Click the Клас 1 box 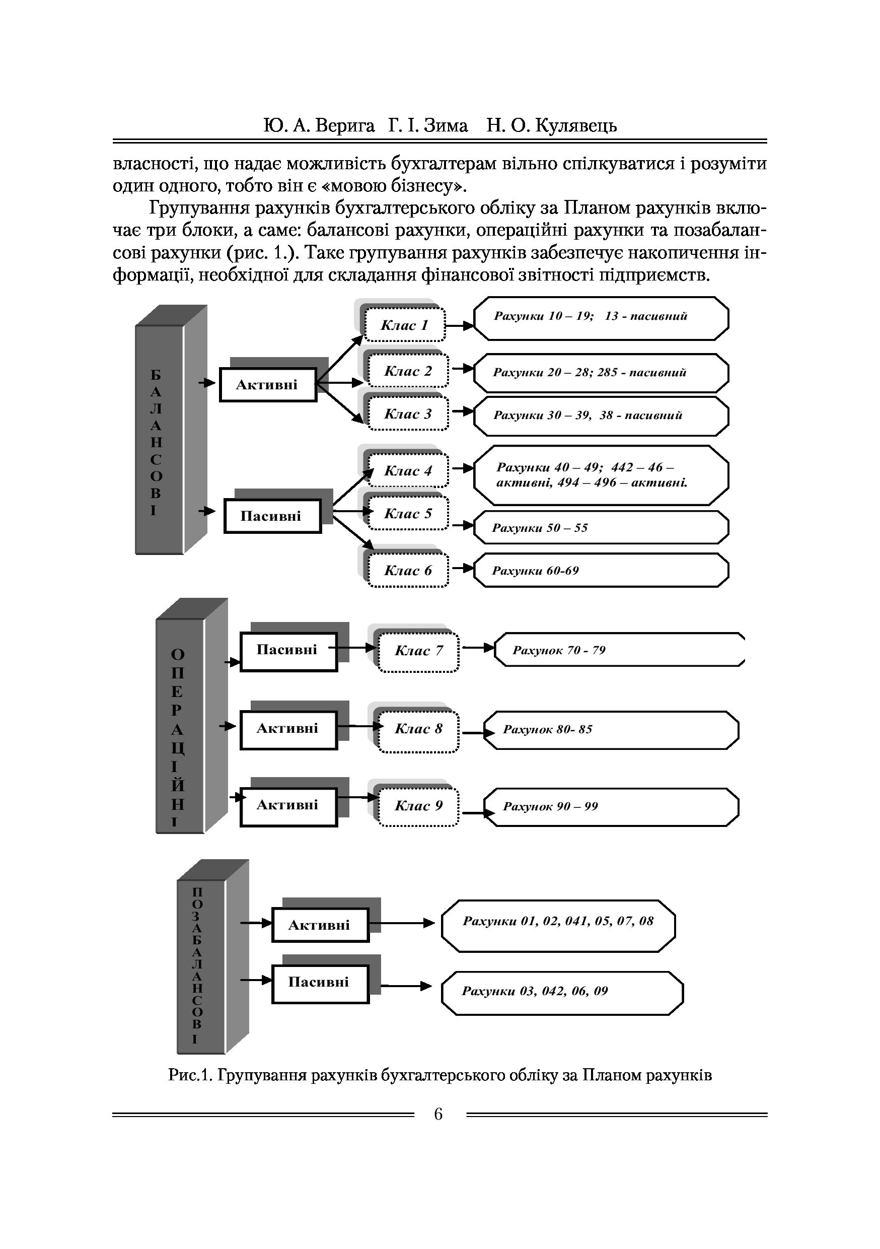405,325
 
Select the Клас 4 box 408,470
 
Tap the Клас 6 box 408,570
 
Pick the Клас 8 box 418,729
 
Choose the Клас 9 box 418,806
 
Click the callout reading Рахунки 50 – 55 601,528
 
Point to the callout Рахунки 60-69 601,571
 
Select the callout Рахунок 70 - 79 619,650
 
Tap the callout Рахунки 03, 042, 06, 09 562,991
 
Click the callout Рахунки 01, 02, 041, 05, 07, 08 558,921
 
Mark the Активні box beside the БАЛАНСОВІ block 268,385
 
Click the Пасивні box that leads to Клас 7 288,651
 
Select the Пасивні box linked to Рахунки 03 320,983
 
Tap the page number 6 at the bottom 438,1115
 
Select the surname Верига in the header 345,126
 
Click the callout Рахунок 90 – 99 610,806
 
